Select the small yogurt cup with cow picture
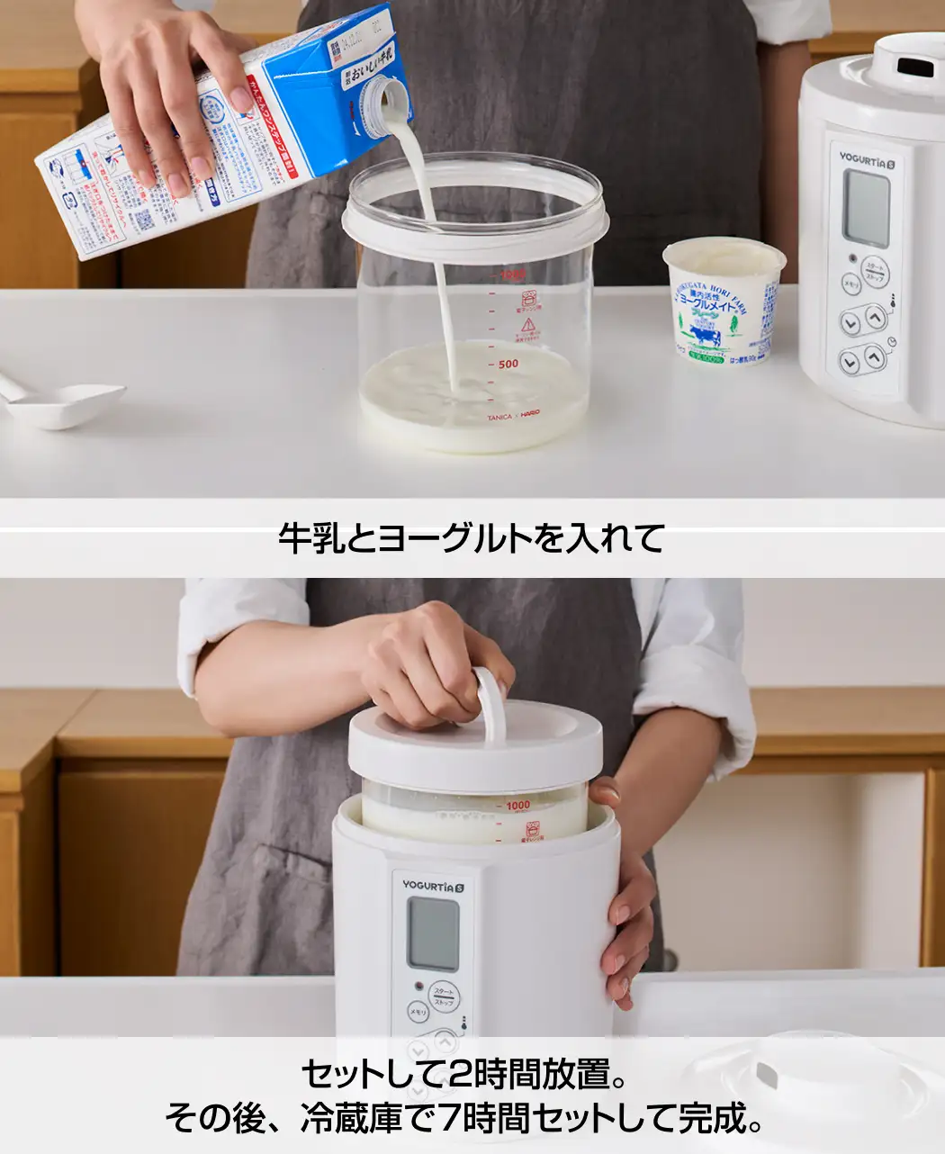724,302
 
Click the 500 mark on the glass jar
508,364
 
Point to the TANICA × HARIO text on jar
513,417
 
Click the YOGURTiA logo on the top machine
865,159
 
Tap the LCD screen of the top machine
866,209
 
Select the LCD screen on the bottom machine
433,933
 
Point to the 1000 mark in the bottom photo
517,806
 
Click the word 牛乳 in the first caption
310,538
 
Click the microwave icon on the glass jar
528,298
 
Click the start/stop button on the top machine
874,270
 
